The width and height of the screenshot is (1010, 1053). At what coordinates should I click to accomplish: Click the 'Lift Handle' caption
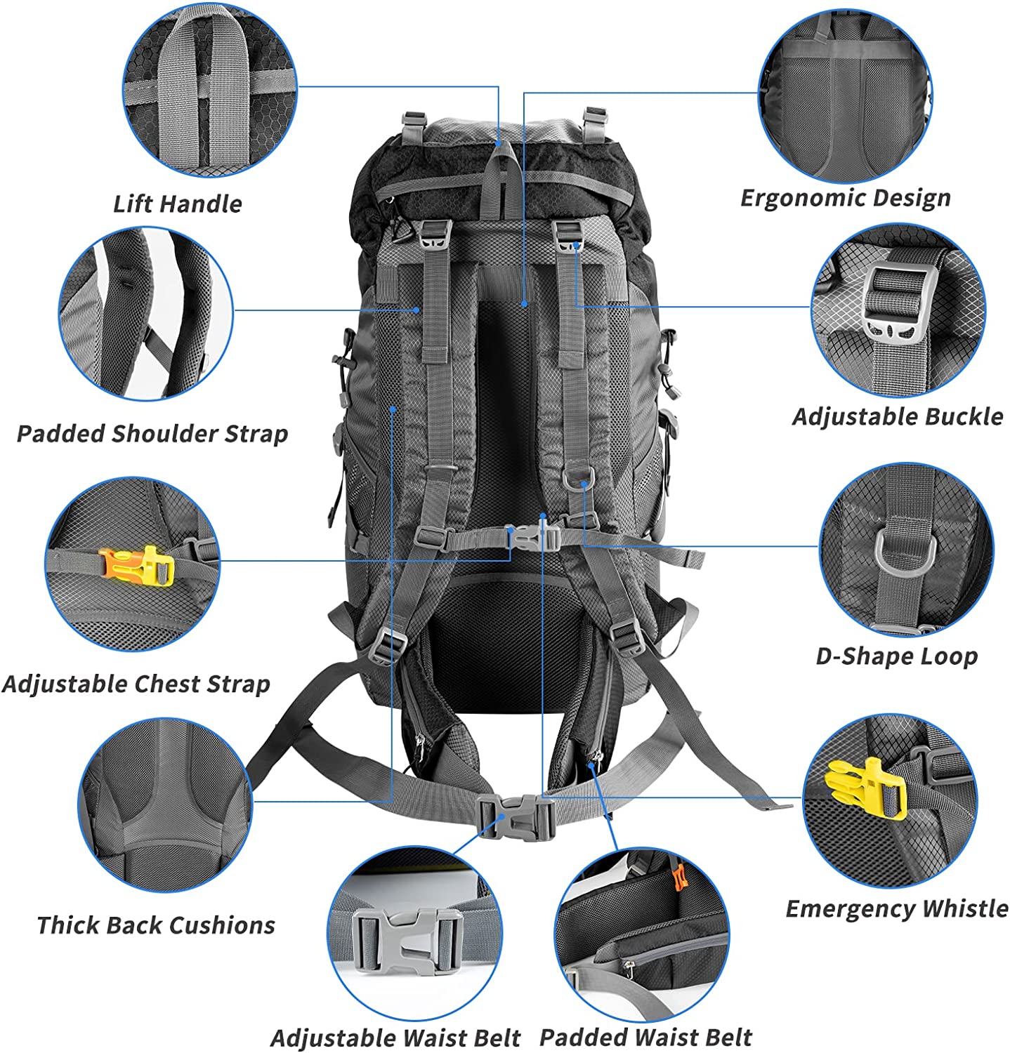point(178,204)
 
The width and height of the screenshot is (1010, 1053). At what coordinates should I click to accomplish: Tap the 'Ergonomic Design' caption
point(846,198)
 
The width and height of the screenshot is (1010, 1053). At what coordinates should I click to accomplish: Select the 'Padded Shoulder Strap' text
point(152,433)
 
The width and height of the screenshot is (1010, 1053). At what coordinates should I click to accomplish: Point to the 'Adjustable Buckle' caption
point(898,416)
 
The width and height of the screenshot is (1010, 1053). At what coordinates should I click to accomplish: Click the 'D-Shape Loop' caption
point(897,656)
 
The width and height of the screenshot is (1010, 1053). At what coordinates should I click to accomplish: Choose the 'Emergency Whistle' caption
point(897,908)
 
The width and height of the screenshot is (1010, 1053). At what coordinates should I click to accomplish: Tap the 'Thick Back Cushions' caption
point(156,925)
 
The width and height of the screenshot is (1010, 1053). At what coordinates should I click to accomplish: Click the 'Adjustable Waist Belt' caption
point(395,1038)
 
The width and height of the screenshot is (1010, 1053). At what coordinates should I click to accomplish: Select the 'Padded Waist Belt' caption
point(645,1037)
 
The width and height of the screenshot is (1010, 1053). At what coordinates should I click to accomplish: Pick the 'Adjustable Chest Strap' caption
point(136,684)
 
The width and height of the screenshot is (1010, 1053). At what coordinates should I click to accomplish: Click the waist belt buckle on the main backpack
point(517,818)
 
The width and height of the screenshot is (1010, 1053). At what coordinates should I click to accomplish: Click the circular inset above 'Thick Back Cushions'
point(164,804)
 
